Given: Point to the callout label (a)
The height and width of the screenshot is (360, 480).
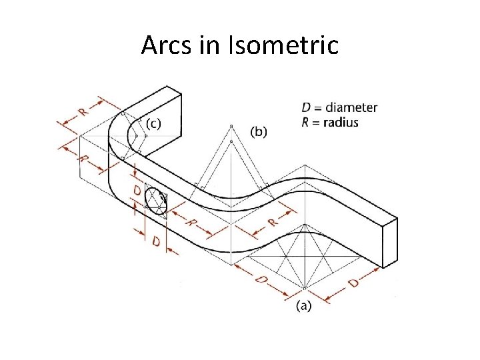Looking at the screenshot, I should click(303, 306).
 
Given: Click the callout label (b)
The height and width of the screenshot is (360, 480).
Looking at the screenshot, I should click(258, 131).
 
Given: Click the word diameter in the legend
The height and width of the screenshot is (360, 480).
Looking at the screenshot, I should click(351, 107).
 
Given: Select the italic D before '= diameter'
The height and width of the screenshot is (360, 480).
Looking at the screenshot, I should click(306, 107).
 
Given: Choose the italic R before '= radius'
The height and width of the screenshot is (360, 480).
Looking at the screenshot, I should click(306, 122).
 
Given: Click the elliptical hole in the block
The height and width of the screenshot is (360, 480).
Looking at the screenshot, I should click(157, 201).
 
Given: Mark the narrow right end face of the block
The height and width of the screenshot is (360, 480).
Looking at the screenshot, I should click(389, 241).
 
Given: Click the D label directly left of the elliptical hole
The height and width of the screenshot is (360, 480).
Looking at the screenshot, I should click(137, 192).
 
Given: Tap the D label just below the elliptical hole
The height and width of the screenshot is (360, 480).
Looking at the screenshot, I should click(155, 241).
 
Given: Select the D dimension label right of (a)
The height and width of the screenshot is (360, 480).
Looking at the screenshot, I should click(353, 282).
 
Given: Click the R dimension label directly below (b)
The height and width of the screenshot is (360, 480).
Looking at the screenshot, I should click(272, 223).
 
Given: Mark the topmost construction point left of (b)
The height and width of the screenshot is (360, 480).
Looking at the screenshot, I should click(231, 126).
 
